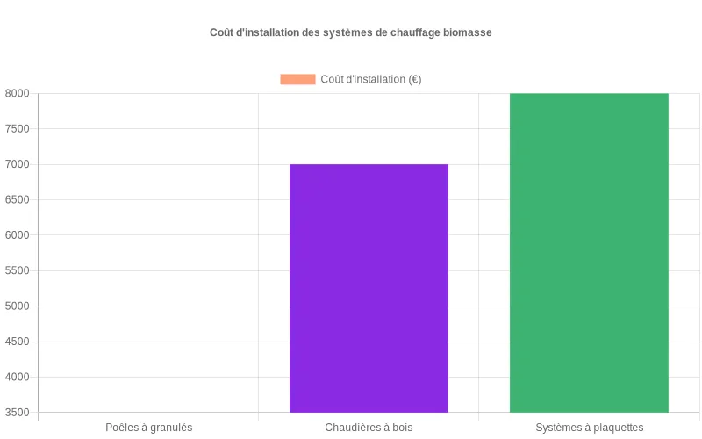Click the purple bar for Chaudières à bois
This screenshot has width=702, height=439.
pos(369,288)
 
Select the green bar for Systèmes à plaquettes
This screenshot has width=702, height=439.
pos(589,253)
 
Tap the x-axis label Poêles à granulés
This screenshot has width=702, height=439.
pos(148,428)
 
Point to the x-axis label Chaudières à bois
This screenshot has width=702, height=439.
pos(369,428)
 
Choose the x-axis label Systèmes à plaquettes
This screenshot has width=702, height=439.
pos(589,428)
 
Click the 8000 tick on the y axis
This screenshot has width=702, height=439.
pos(17,94)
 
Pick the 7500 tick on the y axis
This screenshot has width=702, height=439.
pos(17,129)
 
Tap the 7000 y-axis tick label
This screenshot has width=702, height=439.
pos(17,164)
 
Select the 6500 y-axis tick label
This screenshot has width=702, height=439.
pos(17,200)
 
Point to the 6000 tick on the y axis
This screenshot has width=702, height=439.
pos(17,235)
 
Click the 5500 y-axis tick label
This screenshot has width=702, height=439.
pos(17,271)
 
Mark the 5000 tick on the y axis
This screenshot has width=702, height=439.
pos(17,306)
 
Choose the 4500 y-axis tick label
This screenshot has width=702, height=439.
pos(17,342)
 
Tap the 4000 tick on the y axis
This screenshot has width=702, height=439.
pos(17,378)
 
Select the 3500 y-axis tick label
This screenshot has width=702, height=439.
pos(17,413)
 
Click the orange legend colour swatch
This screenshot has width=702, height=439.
pos(297,79)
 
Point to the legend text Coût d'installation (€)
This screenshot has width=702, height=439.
pos(371,79)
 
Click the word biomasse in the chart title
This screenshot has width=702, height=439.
pos(468,32)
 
